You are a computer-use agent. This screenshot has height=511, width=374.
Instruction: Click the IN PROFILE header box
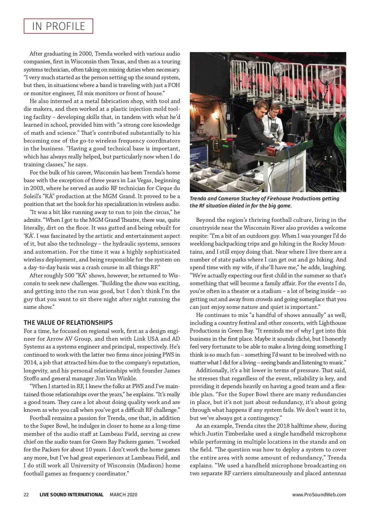point(58,26)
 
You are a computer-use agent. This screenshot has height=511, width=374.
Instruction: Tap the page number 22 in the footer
point(26,494)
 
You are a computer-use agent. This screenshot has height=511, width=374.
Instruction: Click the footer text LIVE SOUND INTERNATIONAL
point(71,494)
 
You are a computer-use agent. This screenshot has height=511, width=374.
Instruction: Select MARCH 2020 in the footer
point(123,494)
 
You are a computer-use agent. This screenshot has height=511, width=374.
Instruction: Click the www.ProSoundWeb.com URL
point(319,494)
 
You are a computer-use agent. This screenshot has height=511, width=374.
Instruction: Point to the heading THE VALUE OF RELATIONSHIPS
point(68,323)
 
